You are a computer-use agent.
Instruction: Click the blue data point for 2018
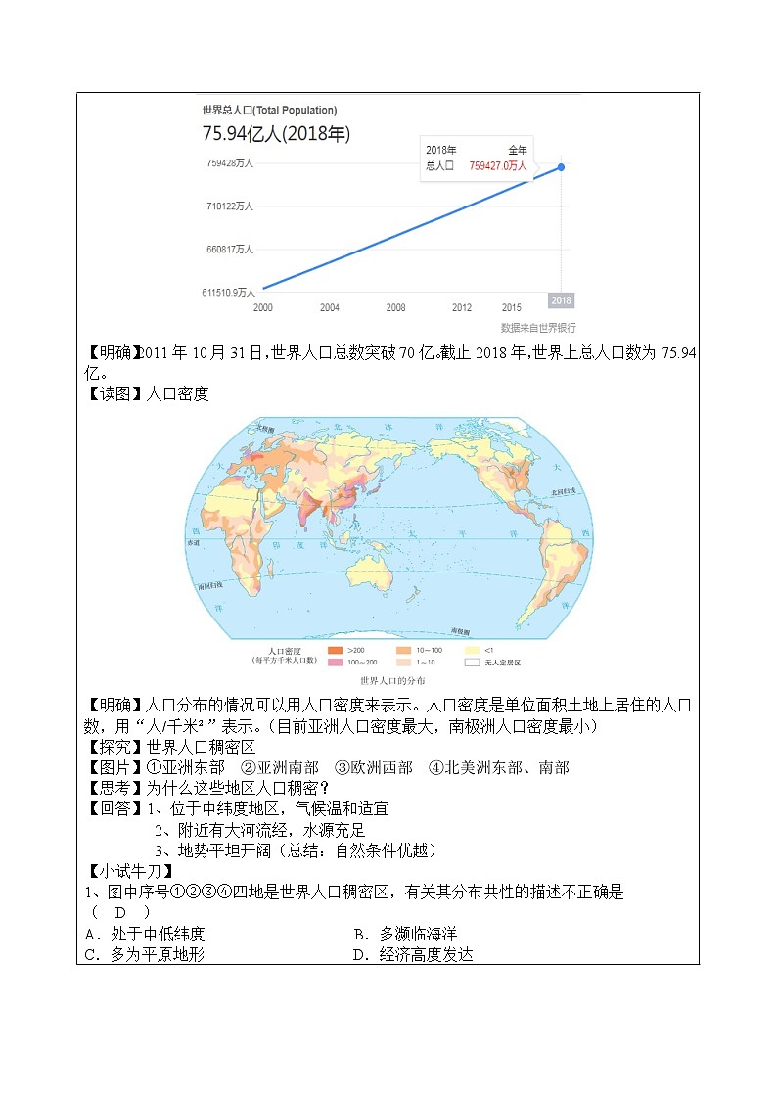coord(562,166)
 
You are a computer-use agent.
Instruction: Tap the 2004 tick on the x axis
coord(330,307)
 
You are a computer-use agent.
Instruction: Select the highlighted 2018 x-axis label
coord(561,300)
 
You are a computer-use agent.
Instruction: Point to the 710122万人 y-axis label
coord(229,206)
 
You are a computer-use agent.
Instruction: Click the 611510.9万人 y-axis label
coord(228,292)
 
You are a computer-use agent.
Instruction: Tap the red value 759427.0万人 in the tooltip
coord(497,166)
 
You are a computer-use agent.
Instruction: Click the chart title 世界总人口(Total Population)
coord(269,111)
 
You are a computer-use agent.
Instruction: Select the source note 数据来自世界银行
coord(538,328)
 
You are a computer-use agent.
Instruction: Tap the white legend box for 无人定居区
coord(472,663)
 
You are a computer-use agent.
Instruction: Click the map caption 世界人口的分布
coord(392,680)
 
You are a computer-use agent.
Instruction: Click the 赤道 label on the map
coord(193,541)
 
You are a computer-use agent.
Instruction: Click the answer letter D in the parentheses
coord(120,912)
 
